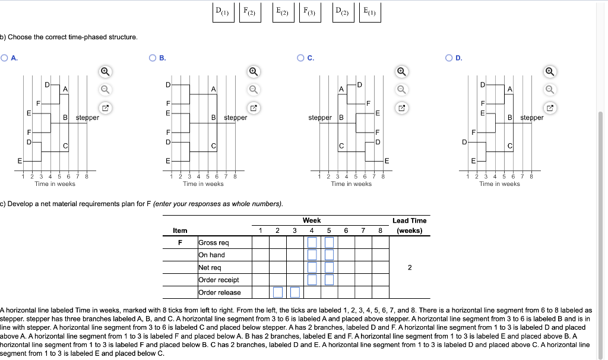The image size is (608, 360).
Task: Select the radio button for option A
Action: [5, 58]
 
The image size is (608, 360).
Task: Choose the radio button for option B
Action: [153, 58]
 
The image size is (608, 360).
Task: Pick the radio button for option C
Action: [302, 58]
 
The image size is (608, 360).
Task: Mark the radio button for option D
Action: [450, 58]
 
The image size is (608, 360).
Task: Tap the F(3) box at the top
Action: [309, 12]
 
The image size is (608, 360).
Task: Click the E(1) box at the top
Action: [369, 12]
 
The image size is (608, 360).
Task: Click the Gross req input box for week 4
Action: [312, 242]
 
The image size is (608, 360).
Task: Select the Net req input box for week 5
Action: [329, 267]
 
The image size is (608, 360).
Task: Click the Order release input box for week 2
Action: [277, 292]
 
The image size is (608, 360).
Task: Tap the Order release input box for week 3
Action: [294, 292]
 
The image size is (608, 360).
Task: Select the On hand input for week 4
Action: [312, 255]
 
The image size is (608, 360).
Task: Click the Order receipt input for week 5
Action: [329, 280]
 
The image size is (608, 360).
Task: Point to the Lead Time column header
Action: [409, 225]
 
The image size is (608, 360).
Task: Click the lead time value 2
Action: [409, 267]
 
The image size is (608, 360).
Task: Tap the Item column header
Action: [180, 230]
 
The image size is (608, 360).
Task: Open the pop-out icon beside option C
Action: [401, 109]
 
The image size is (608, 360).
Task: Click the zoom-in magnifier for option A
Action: [104, 71]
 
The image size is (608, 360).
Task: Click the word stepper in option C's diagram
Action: [321, 118]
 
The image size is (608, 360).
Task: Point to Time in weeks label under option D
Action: [499, 184]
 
